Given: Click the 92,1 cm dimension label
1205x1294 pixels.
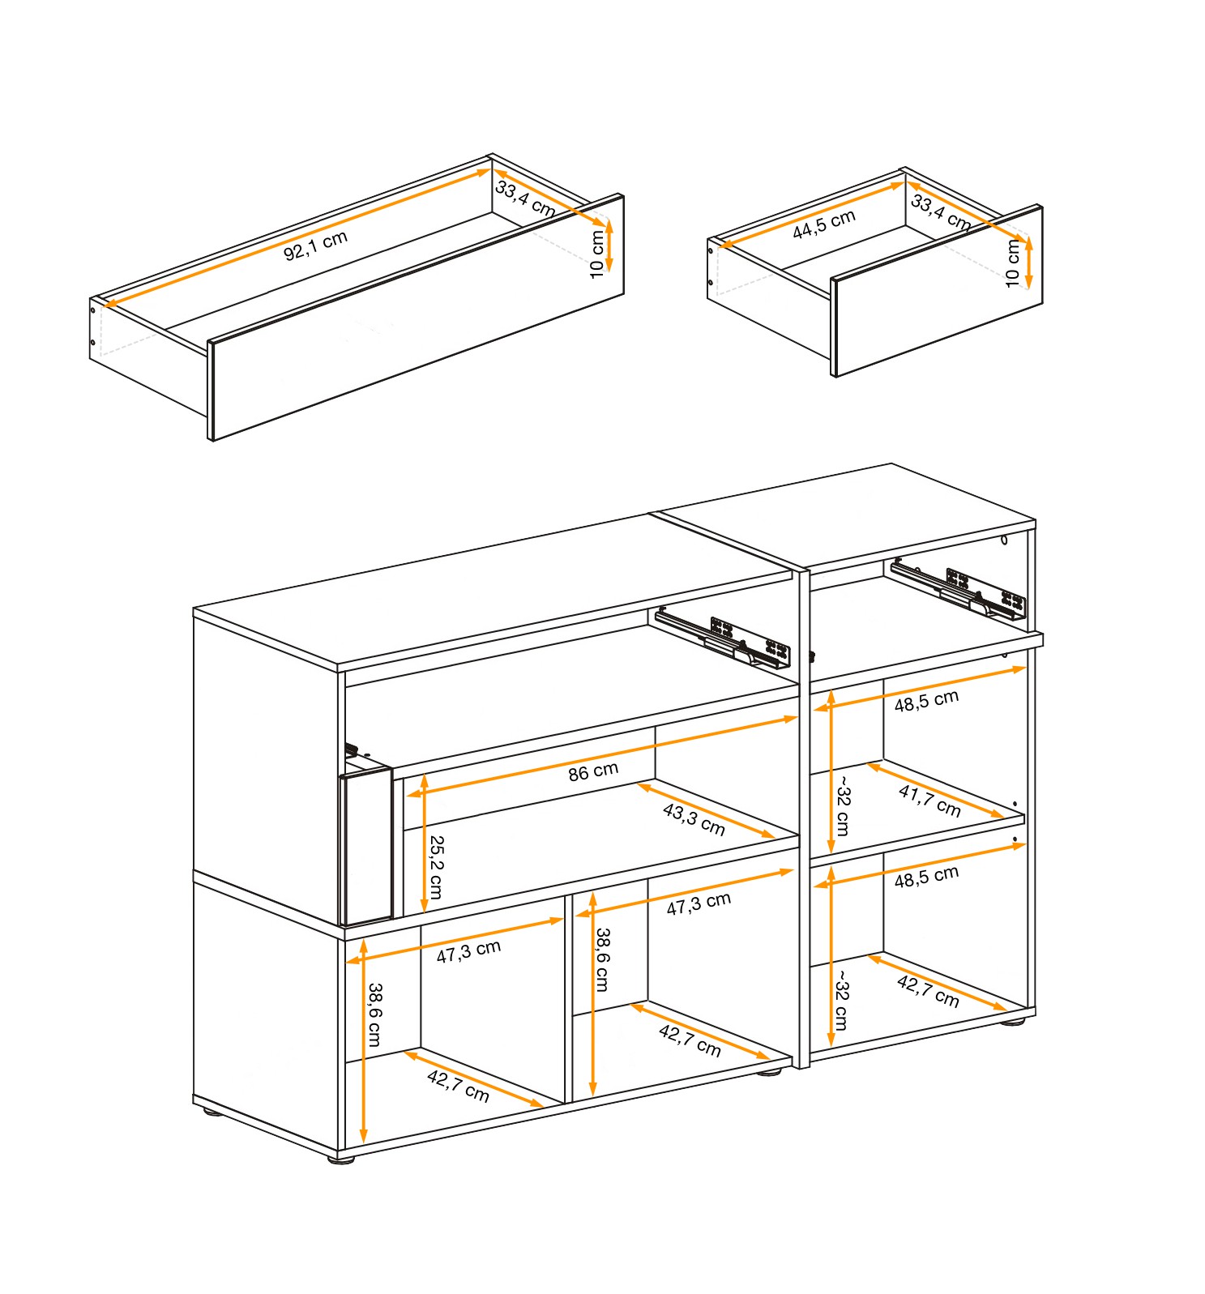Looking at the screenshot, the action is [315, 245].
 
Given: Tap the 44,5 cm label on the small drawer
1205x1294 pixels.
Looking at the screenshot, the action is [824, 224].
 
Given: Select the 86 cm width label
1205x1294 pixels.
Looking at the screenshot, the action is [593, 771].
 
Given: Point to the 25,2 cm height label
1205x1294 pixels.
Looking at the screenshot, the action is [435, 868].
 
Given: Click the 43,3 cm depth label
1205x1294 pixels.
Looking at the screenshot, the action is [694, 820].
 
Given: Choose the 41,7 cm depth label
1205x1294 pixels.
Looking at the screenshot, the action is [929, 801].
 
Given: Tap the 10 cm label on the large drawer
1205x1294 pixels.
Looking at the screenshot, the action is [597, 254].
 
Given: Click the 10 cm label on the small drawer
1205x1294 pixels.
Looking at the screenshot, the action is [1012, 263].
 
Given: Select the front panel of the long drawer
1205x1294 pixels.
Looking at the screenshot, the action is [417, 318].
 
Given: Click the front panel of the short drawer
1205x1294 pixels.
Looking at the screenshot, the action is [938, 291].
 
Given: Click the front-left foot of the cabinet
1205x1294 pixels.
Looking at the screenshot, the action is [340, 1159].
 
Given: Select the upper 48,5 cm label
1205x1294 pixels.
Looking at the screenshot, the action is [926, 701].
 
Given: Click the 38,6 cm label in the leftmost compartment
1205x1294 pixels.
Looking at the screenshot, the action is [374, 1014].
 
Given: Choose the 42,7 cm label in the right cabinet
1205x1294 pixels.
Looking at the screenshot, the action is [929, 991].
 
